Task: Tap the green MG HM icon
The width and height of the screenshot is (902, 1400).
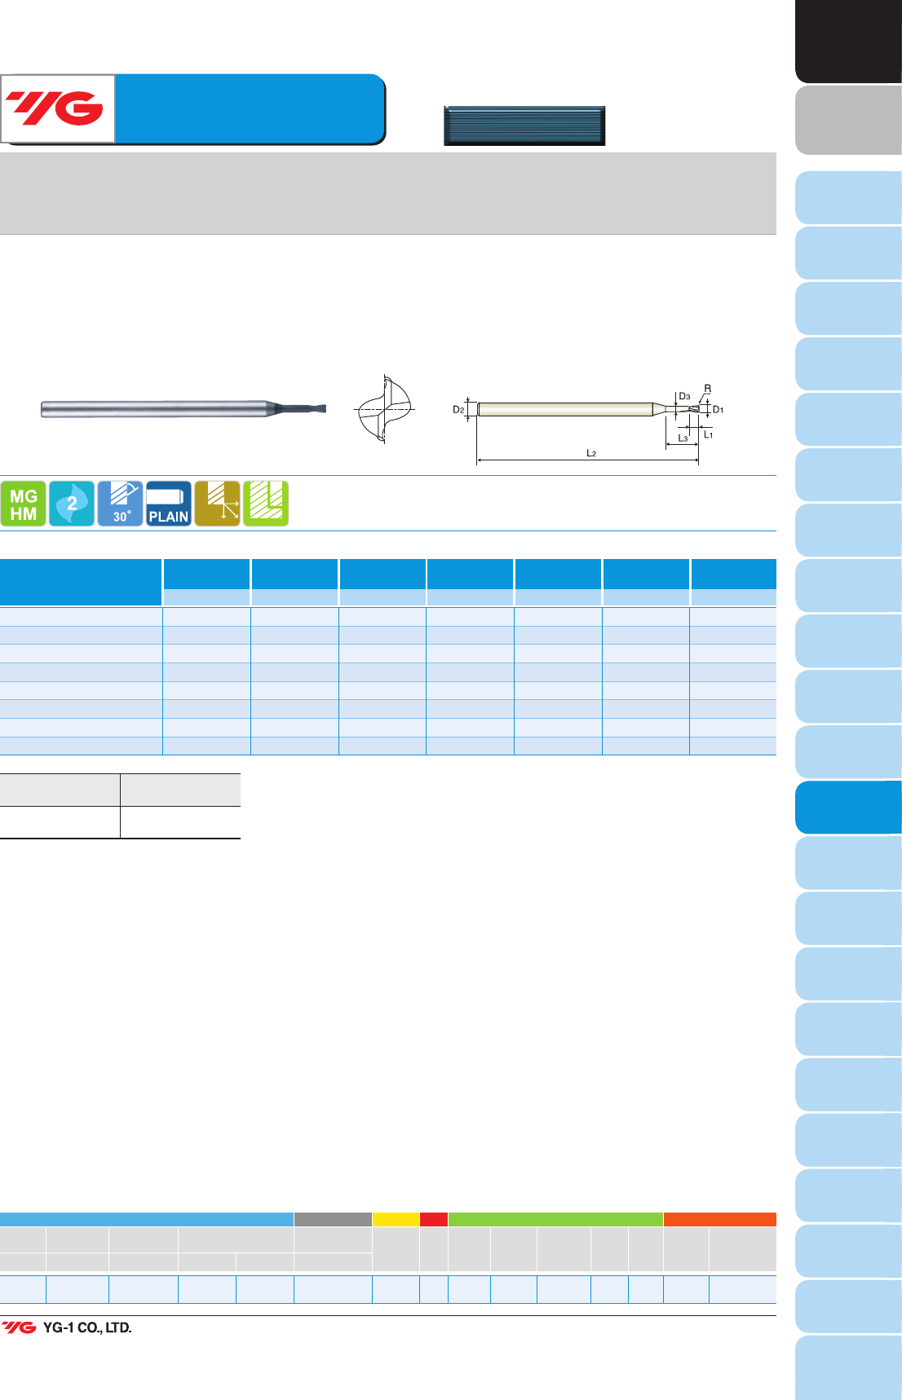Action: pos(23,504)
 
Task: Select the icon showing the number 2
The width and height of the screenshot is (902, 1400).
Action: pos(72,504)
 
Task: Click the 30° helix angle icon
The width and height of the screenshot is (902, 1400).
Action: pos(120,504)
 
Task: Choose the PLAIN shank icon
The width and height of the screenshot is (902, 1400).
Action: pos(169,504)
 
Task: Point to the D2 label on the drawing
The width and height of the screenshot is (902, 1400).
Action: pos(458,410)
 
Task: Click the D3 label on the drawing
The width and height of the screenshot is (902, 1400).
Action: pos(684,397)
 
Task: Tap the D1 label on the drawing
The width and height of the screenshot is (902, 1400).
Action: pos(718,410)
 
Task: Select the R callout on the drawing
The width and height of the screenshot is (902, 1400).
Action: pos(707,389)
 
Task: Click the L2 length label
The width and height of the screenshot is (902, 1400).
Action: pos(591,453)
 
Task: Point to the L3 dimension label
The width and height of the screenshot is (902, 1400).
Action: pos(683,438)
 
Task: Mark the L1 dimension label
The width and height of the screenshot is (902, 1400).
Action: pos(708,435)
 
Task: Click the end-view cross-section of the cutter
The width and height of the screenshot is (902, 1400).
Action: pos(384,409)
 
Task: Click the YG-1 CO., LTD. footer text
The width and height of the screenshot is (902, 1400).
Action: pos(87,1327)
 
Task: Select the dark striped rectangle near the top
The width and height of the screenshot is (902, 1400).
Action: pos(524,125)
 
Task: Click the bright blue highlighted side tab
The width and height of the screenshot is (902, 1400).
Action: pos(848,808)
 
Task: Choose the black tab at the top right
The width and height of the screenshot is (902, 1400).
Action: pos(848,41)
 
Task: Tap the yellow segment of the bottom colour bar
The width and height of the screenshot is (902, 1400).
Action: pos(396,1219)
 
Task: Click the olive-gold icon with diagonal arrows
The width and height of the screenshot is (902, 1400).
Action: pos(217,504)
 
